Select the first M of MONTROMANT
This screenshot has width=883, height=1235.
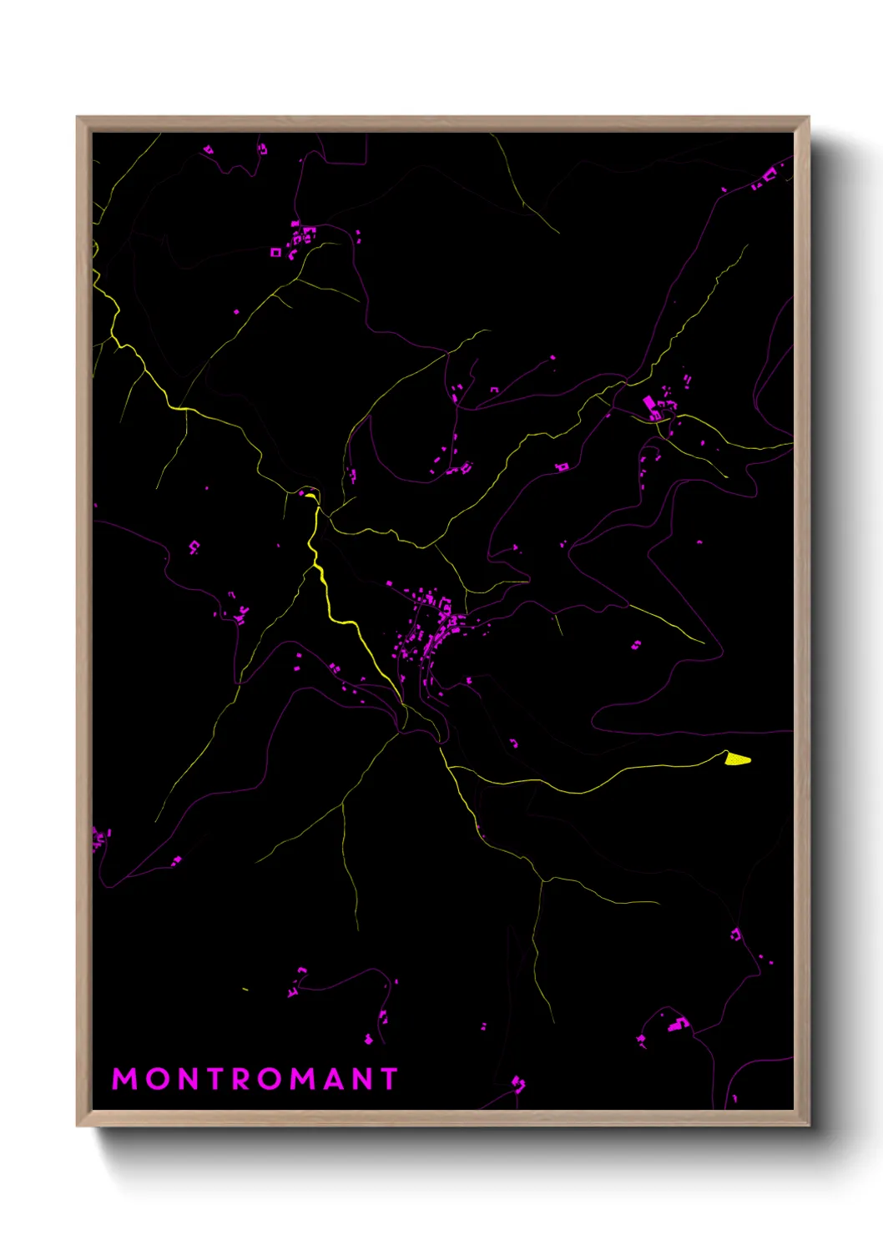(124, 1079)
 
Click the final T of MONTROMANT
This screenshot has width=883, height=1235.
(388, 1079)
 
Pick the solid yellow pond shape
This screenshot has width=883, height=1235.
(738, 759)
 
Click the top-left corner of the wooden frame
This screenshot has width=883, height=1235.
(78, 118)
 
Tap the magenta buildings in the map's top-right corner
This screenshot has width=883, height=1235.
(767, 178)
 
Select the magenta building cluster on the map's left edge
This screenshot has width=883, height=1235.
(100, 837)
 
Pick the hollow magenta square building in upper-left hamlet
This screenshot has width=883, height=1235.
(275, 252)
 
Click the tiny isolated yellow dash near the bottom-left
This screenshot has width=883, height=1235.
(245, 990)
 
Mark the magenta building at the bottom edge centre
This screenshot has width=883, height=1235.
(518, 1084)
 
